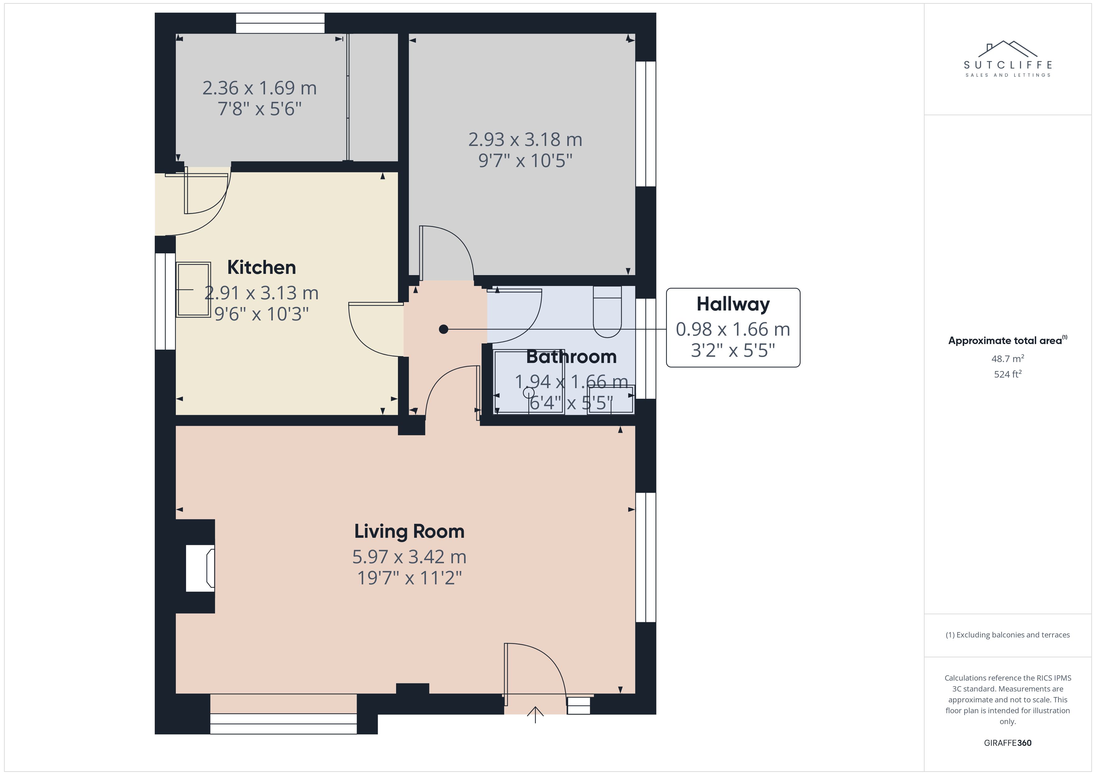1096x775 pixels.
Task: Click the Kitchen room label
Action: pyautogui.click(x=261, y=267)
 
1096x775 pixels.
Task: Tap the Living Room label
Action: pyautogui.click(x=409, y=531)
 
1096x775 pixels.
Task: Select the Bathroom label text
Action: pyautogui.click(x=571, y=357)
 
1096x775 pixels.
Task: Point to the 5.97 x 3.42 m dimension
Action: pyautogui.click(x=409, y=556)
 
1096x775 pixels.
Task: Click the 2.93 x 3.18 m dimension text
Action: pyautogui.click(x=525, y=139)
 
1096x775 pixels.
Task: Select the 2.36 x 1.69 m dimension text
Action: pyautogui.click(x=259, y=88)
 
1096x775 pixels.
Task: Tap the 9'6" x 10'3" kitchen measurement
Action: pyautogui.click(x=261, y=314)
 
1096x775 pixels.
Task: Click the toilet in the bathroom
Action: pyautogui.click(x=607, y=311)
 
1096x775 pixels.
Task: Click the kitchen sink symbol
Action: pyautogui.click(x=193, y=290)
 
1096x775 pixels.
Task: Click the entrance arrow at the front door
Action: pyautogui.click(x=535, y=714)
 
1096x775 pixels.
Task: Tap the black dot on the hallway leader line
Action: pyautogui.click(x=443, y=329)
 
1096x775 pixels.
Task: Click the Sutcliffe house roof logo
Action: pyautogui.click(x=1008, y=49)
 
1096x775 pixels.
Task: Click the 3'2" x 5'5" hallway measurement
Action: pyautogui.click(x=733, y=350)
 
